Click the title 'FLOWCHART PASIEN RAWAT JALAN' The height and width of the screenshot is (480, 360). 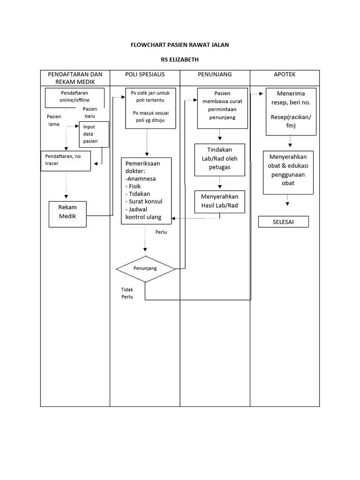click(180, 45)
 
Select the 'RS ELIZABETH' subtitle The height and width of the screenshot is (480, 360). click(180, 60)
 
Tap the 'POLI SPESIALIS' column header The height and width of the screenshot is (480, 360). click(145, 75)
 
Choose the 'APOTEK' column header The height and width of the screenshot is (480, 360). click(285, 75)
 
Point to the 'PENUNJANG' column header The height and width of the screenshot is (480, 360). click(215, 75)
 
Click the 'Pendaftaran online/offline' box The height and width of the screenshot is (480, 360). click(75, 97)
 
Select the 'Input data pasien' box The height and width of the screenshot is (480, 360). click(94, 134)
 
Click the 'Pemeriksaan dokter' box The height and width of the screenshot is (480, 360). click(146, 191)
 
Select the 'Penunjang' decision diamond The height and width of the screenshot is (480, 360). click(145, 269)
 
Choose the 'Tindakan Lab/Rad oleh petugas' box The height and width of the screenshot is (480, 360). click(219, 160)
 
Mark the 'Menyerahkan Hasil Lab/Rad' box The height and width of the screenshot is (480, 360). click(220, 201)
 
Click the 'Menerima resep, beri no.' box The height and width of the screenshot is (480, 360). click(291, 111)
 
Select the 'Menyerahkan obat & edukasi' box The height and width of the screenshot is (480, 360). click(288, 172)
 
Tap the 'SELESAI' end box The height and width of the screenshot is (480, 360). click(284, 222)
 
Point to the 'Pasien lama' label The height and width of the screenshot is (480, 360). click(53, 120)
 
